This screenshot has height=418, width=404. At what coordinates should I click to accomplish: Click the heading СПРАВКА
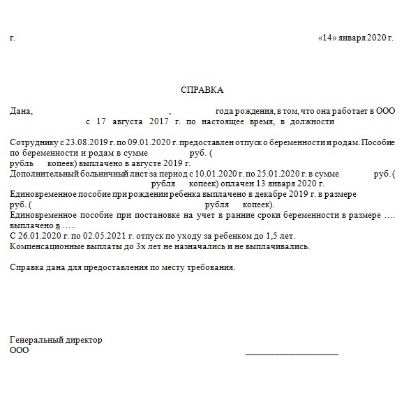(202, 91)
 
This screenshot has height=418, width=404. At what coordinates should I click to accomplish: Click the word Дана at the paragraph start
(22, 111)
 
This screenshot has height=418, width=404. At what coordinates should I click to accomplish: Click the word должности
(313, 121)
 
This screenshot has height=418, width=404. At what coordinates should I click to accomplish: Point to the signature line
(292, 354)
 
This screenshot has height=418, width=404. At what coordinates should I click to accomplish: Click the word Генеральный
(35, 340)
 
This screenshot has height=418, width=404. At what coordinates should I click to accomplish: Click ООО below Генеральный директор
(20, 350)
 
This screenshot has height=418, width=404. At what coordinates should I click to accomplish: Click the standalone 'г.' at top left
(13, 37)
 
